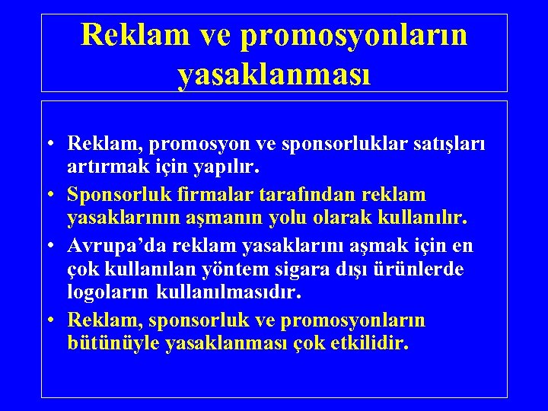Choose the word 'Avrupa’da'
(116, 247)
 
